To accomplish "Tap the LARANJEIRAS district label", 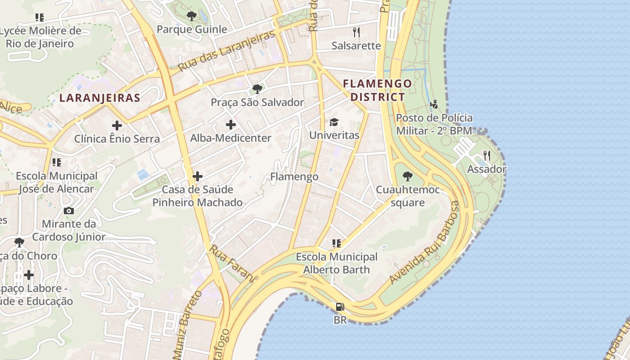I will tap(100, 98).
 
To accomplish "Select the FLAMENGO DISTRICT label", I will tap(378, 90).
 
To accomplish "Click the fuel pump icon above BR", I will tap(340, 307).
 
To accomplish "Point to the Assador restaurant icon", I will tap(486, 156).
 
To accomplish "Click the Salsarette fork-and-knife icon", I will tap(356, 32).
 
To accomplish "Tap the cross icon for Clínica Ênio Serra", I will tap(117, 126).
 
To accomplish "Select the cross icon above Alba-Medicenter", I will tap(231, 125).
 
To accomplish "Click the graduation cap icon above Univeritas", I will tap(334, 122).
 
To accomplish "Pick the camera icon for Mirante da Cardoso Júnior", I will tap(69, 211).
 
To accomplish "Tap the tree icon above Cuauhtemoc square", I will tap(408, 176).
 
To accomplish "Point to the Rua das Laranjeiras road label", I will tap(226, 51).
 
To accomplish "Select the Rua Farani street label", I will tap(232, 264).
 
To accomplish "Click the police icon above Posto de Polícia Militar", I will tap(434, 104).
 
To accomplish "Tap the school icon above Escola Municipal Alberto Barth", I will tap(336, 243).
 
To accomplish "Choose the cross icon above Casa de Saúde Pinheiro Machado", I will tap(198, 176).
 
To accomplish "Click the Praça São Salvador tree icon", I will tap(257, 89).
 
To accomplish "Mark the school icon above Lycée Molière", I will tap(40, 18).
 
